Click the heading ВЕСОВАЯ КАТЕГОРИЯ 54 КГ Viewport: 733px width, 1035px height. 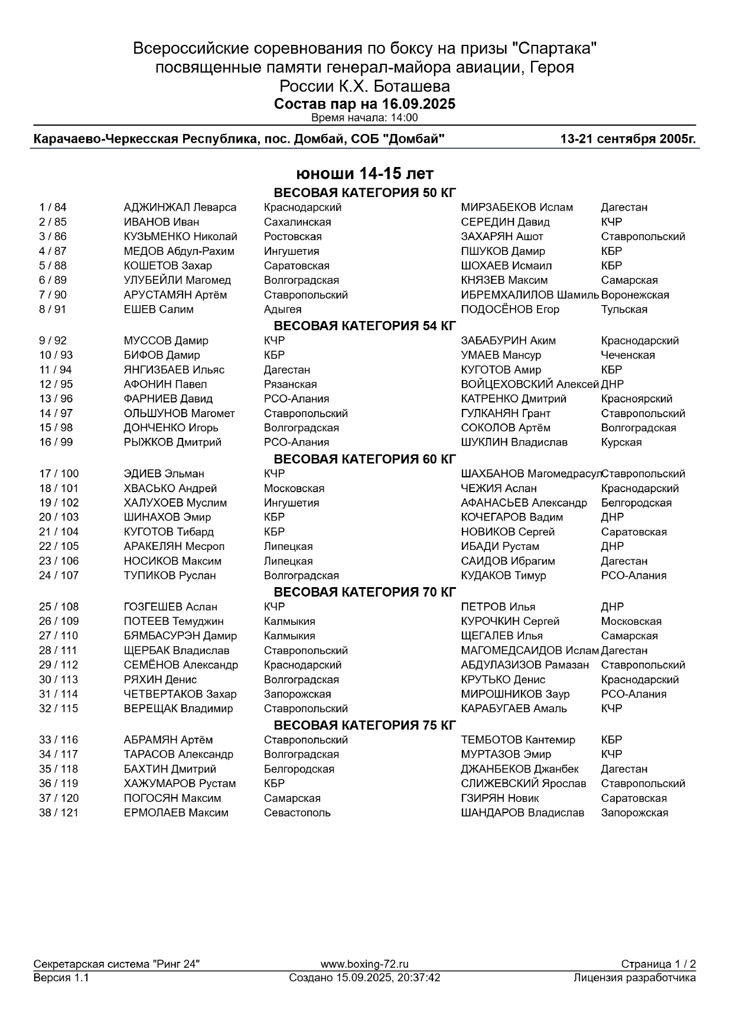click(x=365, y=326)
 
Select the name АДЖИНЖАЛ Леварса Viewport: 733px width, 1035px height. click(x=180, y=208)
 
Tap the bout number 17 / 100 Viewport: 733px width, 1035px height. click(x=58, y=474)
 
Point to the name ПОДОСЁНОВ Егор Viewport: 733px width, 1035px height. click(x=510, y=310)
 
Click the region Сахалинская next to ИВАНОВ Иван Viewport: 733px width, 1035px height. click(x=297, y=222)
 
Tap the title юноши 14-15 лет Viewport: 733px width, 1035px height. click(x=365, y=174)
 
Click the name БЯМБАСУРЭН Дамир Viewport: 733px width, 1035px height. click(x=180, y=636)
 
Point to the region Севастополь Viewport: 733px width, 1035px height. click(x=297, y=813)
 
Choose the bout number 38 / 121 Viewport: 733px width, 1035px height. click(x=58, y=813)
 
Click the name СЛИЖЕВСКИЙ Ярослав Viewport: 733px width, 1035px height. click(x=523, y=784)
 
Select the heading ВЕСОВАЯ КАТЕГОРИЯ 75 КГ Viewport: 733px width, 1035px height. click(x=365, y=725)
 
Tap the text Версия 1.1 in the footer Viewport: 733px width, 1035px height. click(x=61, y=978)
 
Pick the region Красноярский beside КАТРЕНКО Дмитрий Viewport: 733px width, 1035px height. click(x=636, y=399)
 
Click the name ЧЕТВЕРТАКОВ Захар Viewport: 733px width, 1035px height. click(x=180, y=695)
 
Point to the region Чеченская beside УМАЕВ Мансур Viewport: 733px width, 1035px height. click(x=627, y=355)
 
